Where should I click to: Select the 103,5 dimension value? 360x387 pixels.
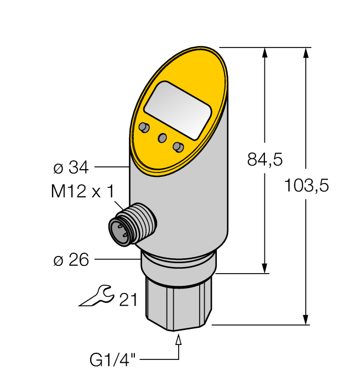[x=306, y=186]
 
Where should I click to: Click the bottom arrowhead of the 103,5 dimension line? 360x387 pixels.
[x=305, y=319]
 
